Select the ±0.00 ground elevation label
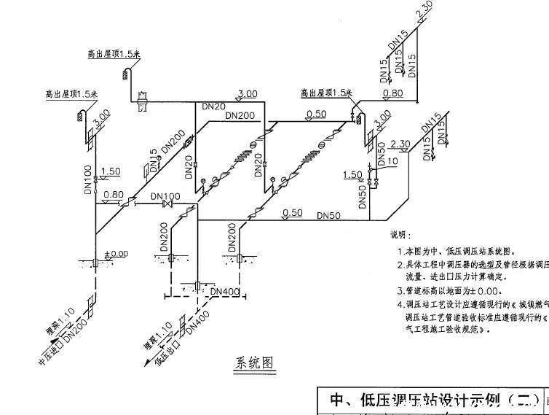116,253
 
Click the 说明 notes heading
400,235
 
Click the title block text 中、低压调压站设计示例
430,400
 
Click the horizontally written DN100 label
166,197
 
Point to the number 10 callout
392,160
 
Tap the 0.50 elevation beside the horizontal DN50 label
292,213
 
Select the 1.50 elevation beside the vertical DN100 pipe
111,171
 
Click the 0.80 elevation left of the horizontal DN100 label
113,194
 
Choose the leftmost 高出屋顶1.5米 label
71,94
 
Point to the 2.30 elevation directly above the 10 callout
401,144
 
